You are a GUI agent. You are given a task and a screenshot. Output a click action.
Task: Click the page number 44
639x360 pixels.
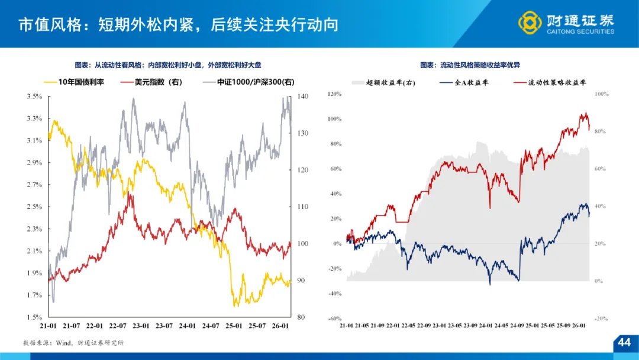[624, 343]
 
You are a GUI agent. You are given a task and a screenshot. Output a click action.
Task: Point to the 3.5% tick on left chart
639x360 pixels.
[34, 96]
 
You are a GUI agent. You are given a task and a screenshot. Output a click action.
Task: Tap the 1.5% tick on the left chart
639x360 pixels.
[34, 317]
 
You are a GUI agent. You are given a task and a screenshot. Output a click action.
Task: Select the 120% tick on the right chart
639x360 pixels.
[335, 94]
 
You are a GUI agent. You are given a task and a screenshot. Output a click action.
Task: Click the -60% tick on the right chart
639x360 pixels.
[335, 318]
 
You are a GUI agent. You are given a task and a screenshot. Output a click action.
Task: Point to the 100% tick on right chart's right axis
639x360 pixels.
[602, 94]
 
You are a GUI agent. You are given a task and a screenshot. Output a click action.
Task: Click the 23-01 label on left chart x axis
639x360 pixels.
[141, 326]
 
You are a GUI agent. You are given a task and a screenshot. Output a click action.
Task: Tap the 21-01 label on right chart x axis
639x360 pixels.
[346, 325]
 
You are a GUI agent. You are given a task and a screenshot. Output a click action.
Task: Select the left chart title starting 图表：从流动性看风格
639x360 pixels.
[168, 65]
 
